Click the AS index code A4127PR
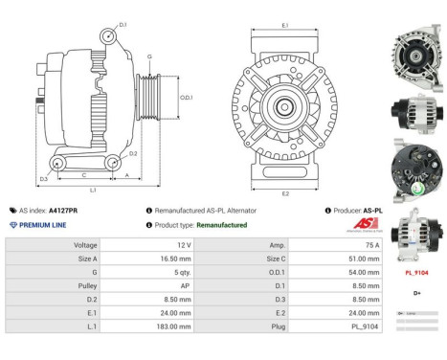63,210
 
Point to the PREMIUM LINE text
43,225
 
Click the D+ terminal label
417,292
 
